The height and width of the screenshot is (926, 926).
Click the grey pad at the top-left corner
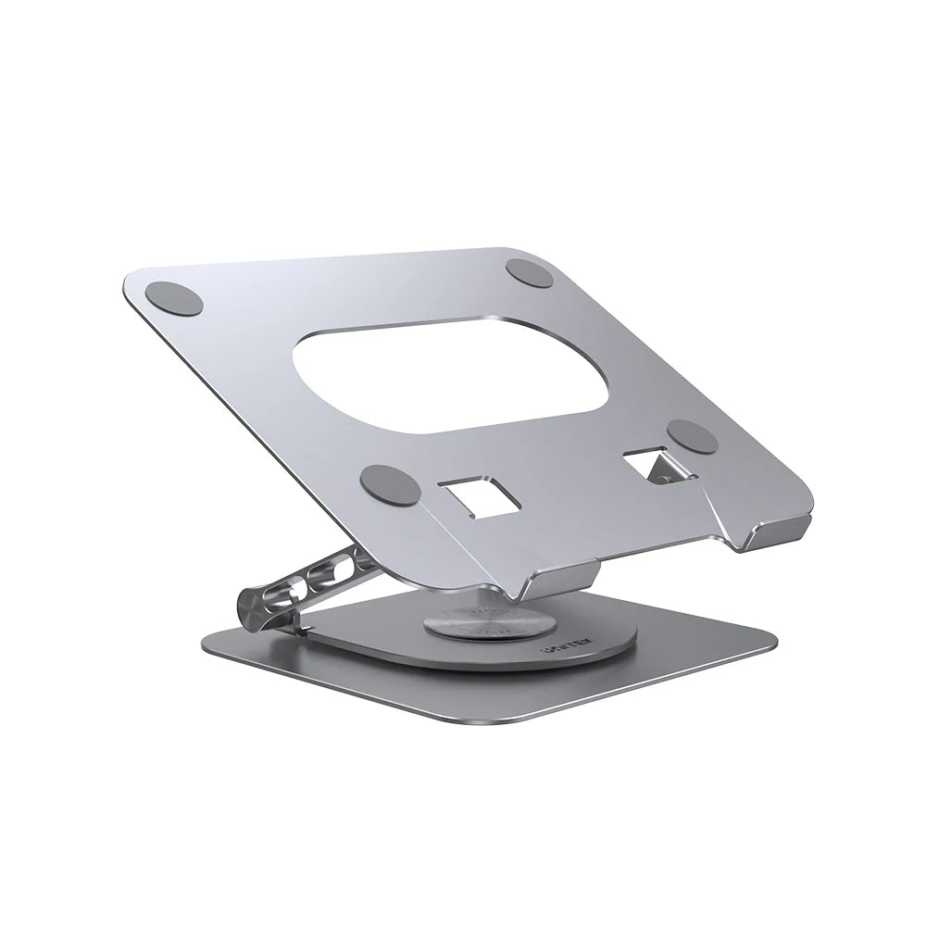174,299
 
